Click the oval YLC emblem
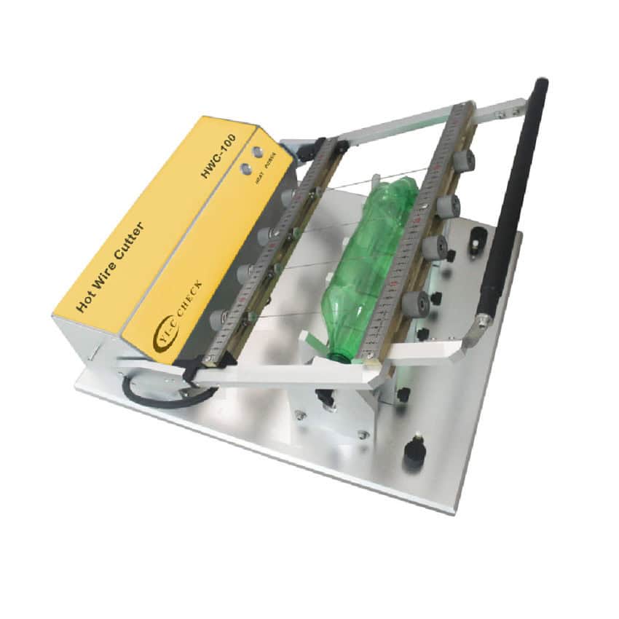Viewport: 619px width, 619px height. click(162, 336)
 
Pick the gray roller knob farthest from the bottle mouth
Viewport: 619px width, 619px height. click(462, 161)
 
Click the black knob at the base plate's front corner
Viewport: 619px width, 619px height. click(415, 450)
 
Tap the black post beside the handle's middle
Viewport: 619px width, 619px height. click(478, 237)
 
